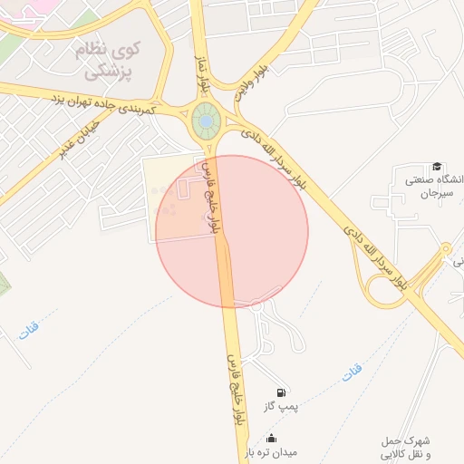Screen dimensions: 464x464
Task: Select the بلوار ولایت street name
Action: coord(251,81)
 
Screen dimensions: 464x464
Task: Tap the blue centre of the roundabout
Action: coord(207,120)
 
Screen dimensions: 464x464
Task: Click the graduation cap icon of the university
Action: coord(437,167)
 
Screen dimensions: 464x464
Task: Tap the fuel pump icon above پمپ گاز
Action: coord(282,392)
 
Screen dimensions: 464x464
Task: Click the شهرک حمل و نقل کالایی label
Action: coord(407,446)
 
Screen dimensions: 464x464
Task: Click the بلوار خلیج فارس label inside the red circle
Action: coord(214,198)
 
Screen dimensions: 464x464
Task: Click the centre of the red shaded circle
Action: coord(232,231)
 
